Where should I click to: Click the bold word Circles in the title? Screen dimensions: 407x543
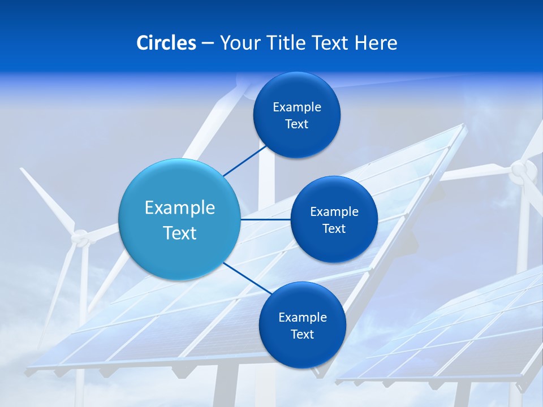[x=166, y=43]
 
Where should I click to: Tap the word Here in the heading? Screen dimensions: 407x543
[x=376, y=43]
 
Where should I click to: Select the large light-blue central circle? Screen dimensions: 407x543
[x=179, y=219]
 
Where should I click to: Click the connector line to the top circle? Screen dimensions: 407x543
[x=244, y=161]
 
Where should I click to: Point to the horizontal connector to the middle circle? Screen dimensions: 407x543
[x=265, y=219]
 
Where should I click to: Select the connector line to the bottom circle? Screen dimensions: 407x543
[x=247, y=278]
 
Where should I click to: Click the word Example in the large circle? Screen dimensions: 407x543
[x=179, y=208]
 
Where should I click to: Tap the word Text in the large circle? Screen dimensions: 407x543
[x=179, y=233]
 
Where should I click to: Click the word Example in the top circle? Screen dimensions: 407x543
[x=296, y=107]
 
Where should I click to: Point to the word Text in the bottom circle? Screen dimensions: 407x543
[x=302, y=334]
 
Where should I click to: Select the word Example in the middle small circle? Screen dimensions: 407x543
[x=334, y=212]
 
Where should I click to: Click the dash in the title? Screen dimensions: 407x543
[x=208, y=43]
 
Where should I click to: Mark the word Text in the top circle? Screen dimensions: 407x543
[x=296, y=124]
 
